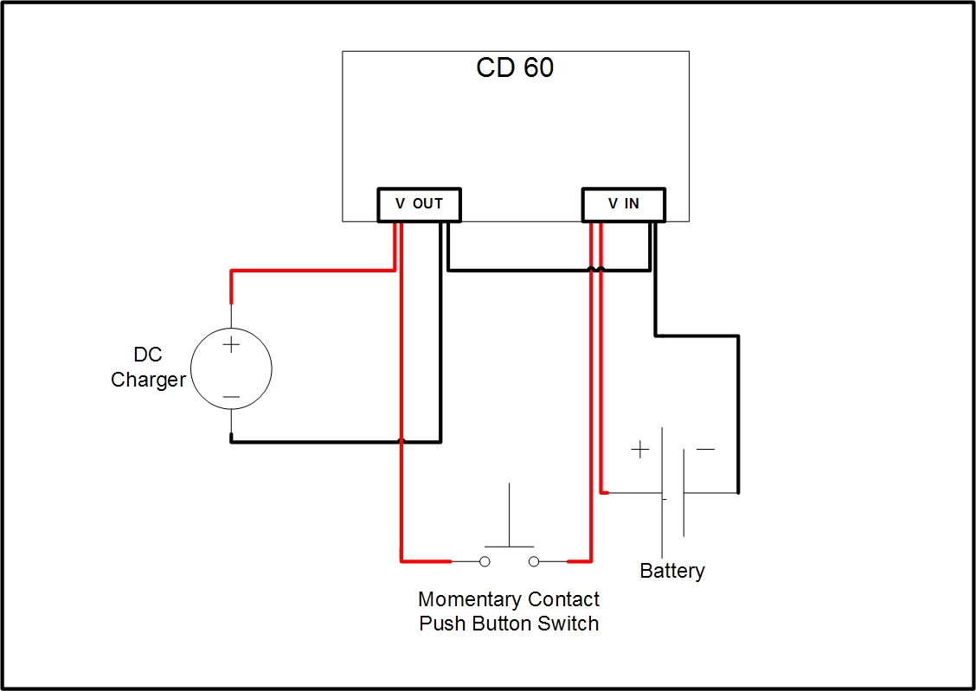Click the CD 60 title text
515,67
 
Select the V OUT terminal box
419,204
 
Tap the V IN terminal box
623,204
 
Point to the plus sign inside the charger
231,344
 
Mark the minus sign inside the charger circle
231,398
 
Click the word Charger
148,380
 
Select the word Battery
671,571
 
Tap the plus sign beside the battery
639,449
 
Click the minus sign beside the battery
705,449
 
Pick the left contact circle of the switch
485,561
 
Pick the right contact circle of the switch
534,561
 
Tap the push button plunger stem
509,515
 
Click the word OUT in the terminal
427,204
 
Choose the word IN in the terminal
632,204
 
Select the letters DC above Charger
148,355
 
